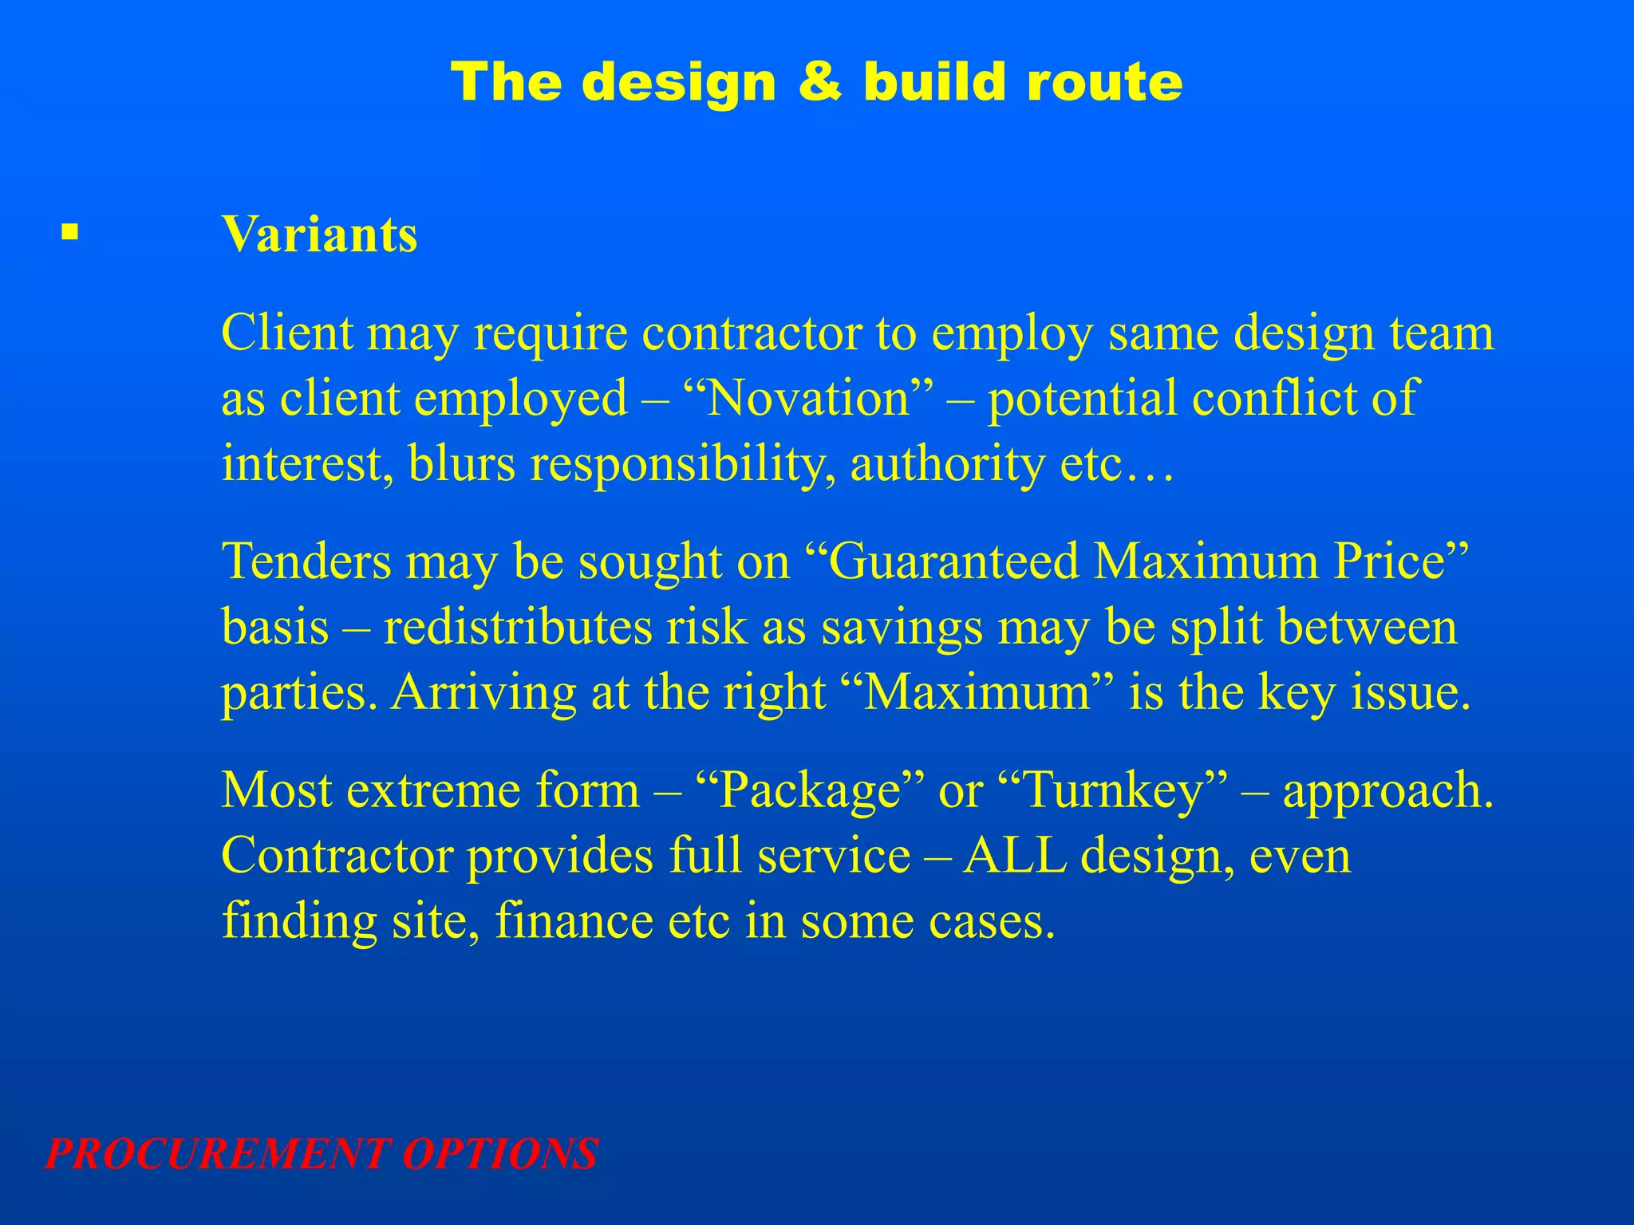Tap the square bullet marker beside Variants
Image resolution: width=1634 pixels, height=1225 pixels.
coord(69,233)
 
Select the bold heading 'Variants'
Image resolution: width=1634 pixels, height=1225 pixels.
coord(319,235)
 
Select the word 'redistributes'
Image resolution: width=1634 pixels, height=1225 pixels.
coord(518,627)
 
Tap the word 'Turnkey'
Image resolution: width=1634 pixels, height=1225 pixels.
coord(1111,791)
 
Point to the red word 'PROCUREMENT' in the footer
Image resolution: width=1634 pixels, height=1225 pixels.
coord(217,1154)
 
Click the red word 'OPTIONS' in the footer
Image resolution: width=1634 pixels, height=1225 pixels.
coord(500,1154)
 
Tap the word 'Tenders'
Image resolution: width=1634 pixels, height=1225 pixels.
coord(306,561)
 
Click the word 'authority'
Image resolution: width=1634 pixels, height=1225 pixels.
coord(947,465)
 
